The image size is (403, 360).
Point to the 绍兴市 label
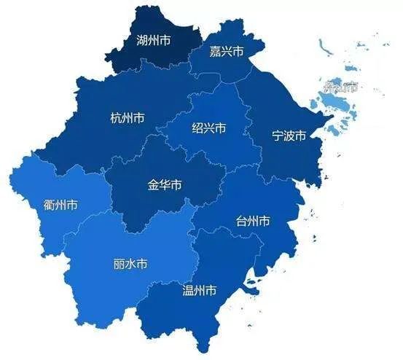[x=208, y=128]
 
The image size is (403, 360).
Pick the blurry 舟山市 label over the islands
[x=341, y=88]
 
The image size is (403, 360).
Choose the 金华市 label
[x=165, y=184]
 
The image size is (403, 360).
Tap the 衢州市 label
[x=60, y=205]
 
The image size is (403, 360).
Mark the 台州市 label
[x=254, y=220]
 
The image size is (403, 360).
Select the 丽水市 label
[x=130, y=264]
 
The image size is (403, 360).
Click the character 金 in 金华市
[x=153, y=184]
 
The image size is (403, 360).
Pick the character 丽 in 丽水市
[x=119, y=264]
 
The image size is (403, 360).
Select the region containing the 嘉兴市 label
[x=219, y=66]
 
